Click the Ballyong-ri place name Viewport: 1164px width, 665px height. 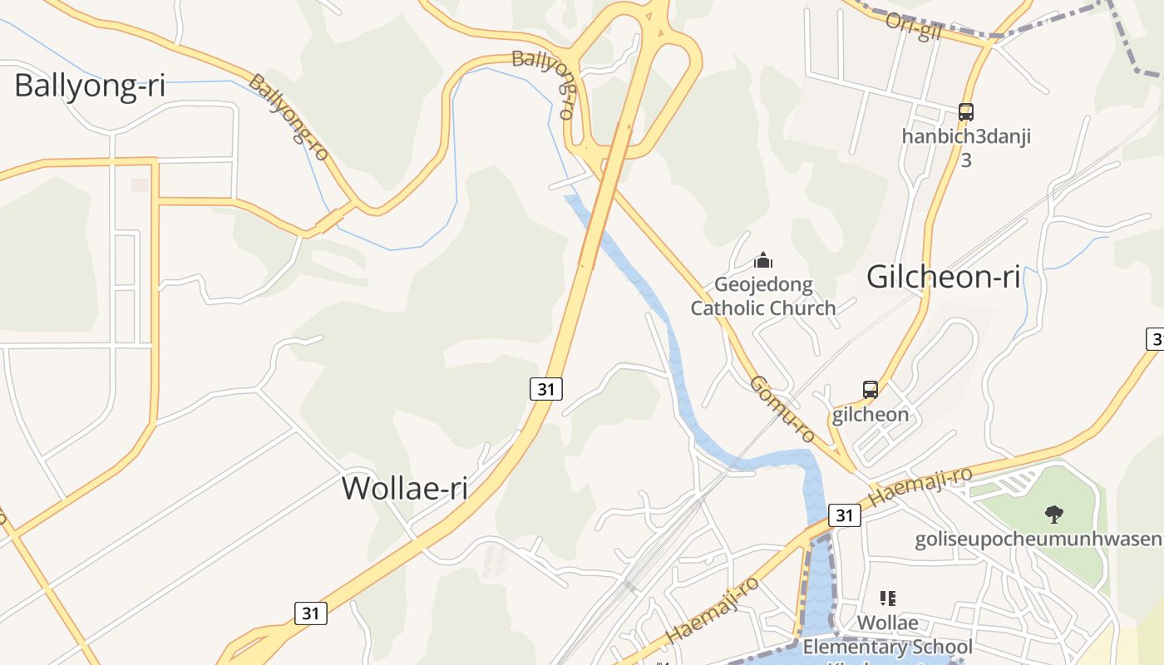pyautogui.click(x=90, y=86)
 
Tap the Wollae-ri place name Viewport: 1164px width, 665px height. pyautogui.click(x=404, y=488)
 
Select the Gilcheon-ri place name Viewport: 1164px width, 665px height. pyautogui.click(x=943, y=277)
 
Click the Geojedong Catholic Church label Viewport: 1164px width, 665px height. pyautogui.click(x=763, y=297)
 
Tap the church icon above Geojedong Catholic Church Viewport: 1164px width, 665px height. pyautogui.click(x=763, y=260)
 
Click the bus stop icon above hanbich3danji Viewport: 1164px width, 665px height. pyautogui.click(x=965, y=112)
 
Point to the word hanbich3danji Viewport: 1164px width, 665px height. pyautogui.click(x=966, y=136)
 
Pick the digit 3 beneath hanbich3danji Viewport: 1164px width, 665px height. pyautogui.click(x=966, y=160)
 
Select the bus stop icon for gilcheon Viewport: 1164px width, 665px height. pyautogui.click(x=870, y=390)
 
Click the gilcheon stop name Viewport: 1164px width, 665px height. pyautogui.click(x=870, y=414)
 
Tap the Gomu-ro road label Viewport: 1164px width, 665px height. pyautogui.click(x=782, y=407)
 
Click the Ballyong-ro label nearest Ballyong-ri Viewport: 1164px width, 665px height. pyautogui.click(x=288, y=117)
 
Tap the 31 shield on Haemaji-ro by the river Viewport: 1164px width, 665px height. pyautogui.click(x=844, y=515)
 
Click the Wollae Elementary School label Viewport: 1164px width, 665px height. pyautogui.click(x=887, y=634)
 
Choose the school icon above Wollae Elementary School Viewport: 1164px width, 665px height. pyautogui.click(x=887, y=598)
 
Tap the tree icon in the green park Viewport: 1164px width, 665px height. pyautogui.click(x=1053, y=515)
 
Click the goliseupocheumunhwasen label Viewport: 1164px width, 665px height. pyautogui.click(x=1038, y=539)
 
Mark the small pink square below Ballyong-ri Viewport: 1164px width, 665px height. pyautogui.click(x=140, y=185)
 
